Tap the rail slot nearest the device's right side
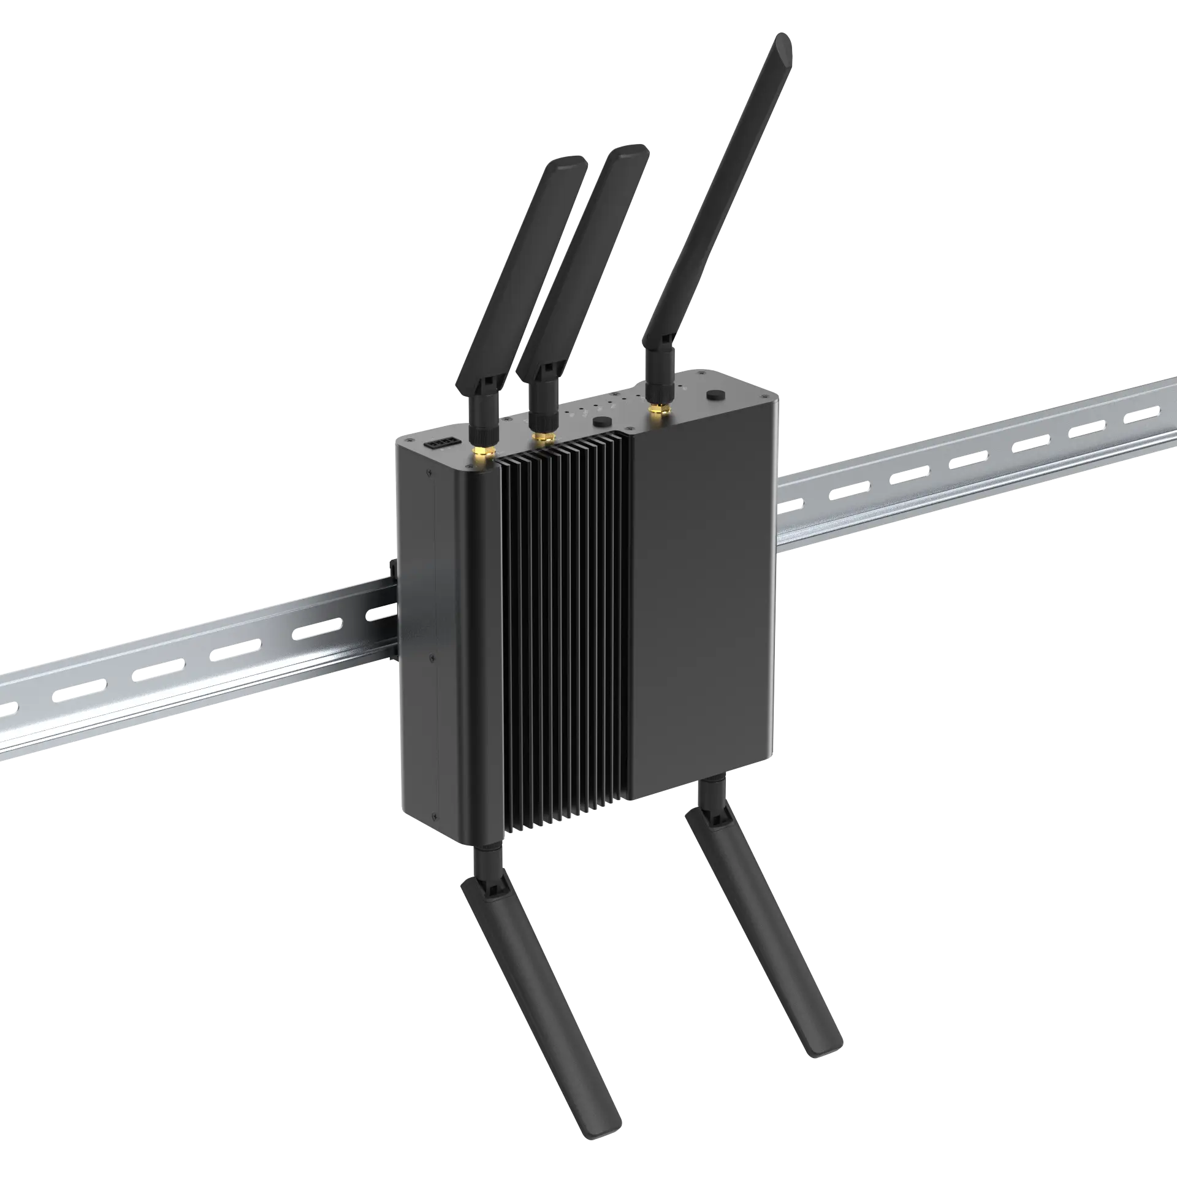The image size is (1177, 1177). (x=791, y=505)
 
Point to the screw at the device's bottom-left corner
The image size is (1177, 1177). (x=434, y=817)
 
